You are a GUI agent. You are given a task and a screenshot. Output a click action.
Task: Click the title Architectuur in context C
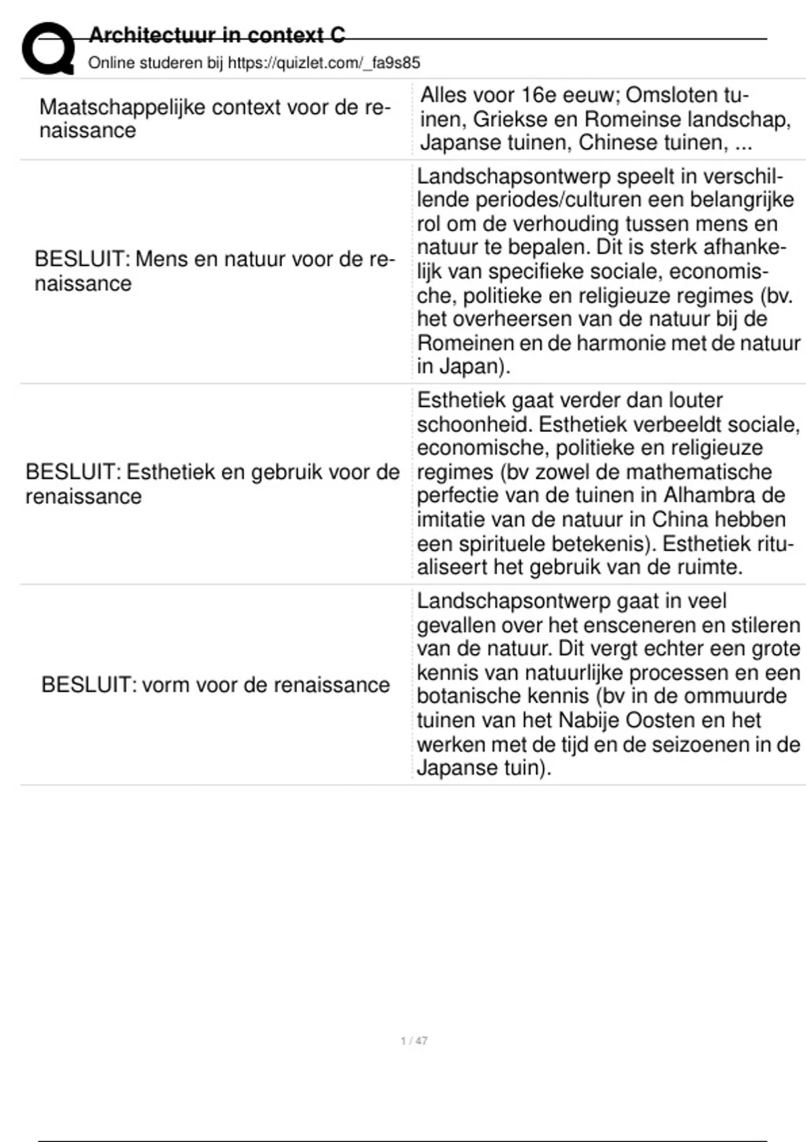(x=216, y=35)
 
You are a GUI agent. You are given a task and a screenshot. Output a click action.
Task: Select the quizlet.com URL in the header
(x=324, y=63)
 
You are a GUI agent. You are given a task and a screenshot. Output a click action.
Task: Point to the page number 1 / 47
(x=414, y=1041)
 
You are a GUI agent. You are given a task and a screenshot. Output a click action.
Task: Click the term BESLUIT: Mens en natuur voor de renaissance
(x=215, y=271)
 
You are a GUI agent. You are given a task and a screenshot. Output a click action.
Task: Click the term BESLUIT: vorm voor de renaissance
(x=216, y=685)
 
